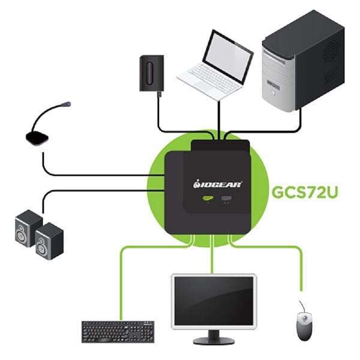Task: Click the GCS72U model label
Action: [305, 192]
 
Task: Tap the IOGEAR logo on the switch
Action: [218, 184]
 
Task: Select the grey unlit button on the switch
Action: [226, 198]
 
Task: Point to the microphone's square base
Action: [37, 139]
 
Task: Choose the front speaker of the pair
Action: [49, 241]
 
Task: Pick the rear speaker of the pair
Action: [28, 228]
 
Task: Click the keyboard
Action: [118, 332]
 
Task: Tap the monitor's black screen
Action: [214, 301]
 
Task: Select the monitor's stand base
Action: [214, 340]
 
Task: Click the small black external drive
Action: [152, 73]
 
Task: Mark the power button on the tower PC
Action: [273, 93]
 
